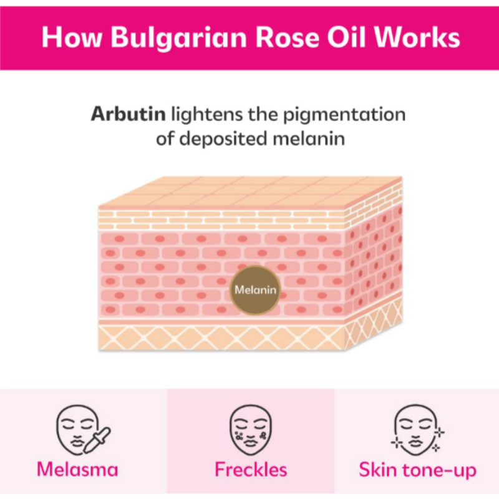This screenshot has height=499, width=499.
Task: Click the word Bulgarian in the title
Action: (178, 38)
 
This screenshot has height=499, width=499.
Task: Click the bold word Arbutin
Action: (128, 114)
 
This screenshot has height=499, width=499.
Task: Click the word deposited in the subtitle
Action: (223, 140)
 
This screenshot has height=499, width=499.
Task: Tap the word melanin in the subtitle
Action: (309, 138)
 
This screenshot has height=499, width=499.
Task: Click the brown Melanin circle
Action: (255, 290)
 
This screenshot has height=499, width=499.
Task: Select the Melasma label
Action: (77, 470)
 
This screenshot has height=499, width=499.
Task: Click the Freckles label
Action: (251, 470)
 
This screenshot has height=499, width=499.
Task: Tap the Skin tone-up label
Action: (417, 470)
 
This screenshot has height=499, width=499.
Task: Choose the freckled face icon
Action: (251, 430)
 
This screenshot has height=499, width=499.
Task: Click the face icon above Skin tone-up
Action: (415, 430)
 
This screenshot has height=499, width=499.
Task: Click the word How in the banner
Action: (72, 37)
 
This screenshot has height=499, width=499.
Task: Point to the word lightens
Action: (207, 114)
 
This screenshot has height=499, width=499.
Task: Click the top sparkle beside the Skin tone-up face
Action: (439, 432)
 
